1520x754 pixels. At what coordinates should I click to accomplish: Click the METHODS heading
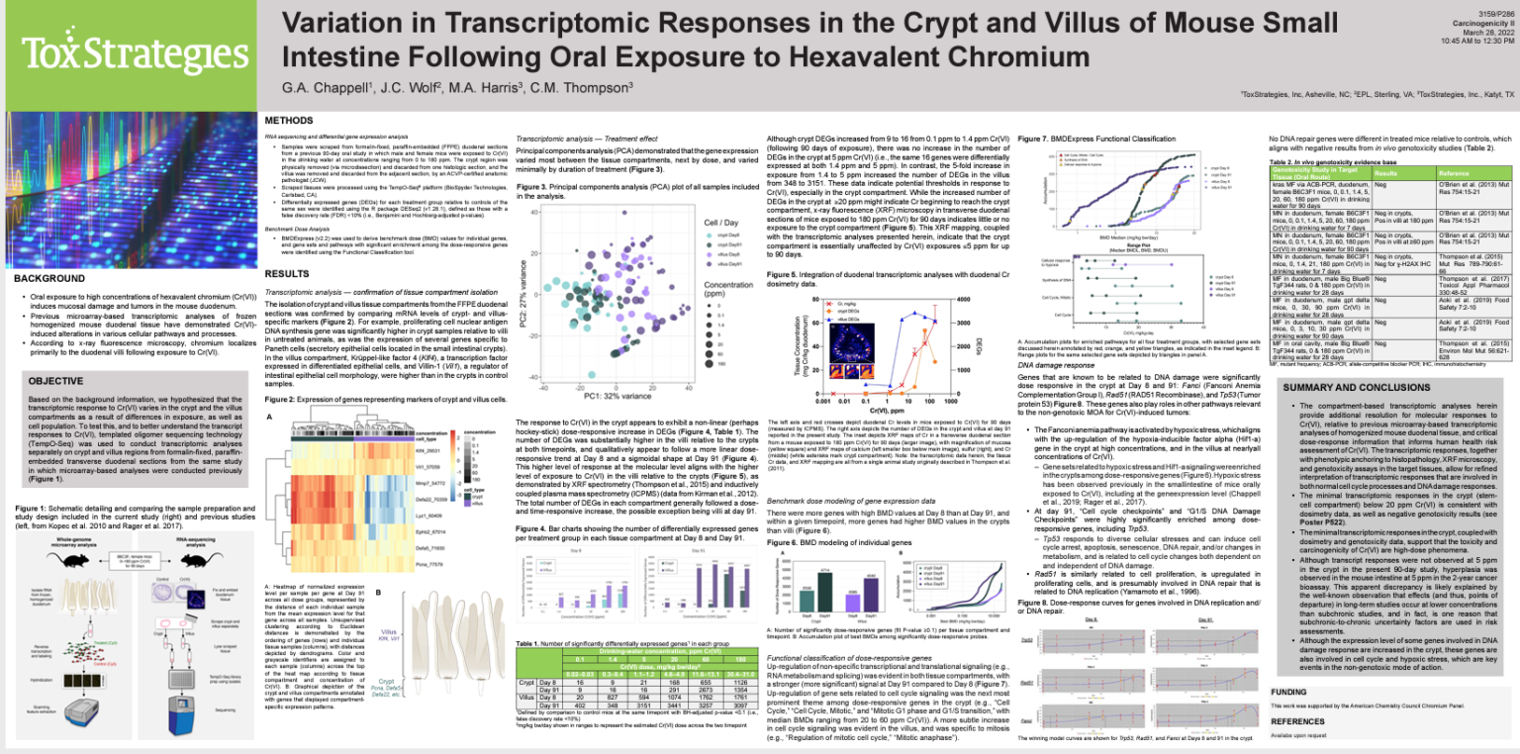click(x=288, y=121)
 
